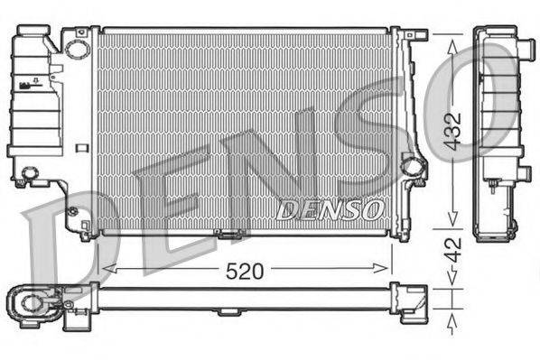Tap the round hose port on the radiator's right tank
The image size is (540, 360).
pyautogui.click(x=413, y=165)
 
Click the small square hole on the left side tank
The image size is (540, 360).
pyautogui.click(x=82, y=147)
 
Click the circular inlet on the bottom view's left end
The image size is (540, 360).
pyautogui.click(x=32, y=300)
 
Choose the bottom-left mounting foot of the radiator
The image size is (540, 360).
pyautogui.click(x=87, y=235)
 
